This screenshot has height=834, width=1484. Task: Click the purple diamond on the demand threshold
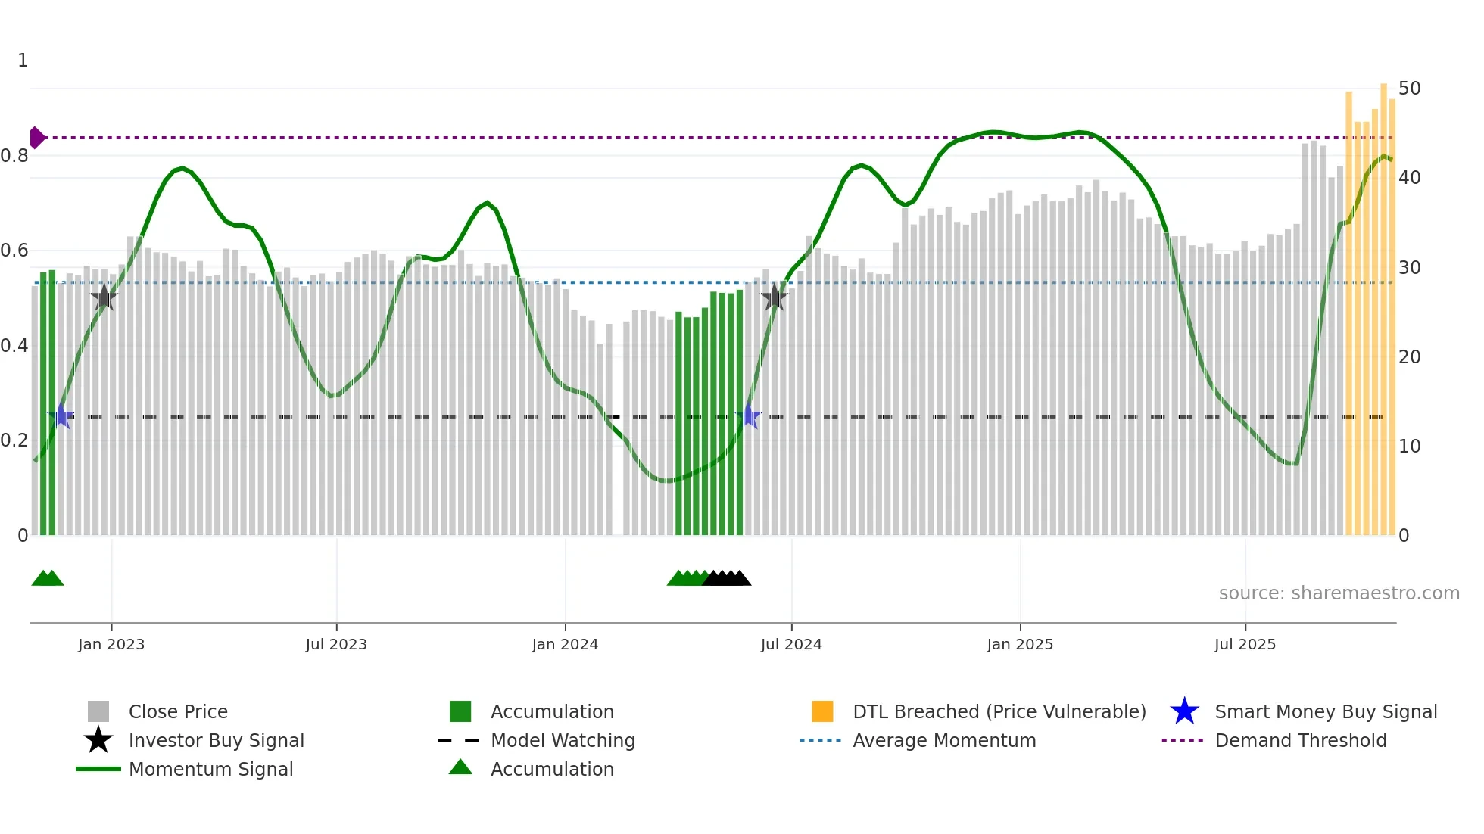[36, 138]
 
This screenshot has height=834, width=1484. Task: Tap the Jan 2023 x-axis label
[111, 644]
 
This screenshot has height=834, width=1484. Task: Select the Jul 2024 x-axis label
[791, 644]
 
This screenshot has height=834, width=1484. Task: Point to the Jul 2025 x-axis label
[1245, 644]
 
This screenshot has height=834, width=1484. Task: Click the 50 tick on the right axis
[1409, 89]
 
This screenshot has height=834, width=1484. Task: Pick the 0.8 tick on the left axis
[14, 156]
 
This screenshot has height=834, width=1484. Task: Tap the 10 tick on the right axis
[1409, 447]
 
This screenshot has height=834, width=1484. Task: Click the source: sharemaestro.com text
[1339, 593]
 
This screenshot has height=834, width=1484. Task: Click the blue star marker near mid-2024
[748, 416]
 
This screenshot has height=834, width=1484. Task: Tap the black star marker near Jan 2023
[104, 298]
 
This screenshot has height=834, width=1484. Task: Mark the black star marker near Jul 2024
[774, 298]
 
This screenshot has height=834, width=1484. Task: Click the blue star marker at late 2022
[61, 416]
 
